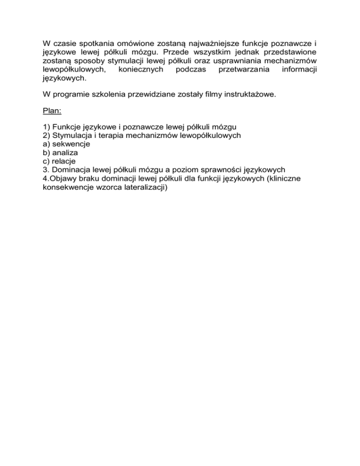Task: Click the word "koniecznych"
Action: (x=141, y=70)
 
